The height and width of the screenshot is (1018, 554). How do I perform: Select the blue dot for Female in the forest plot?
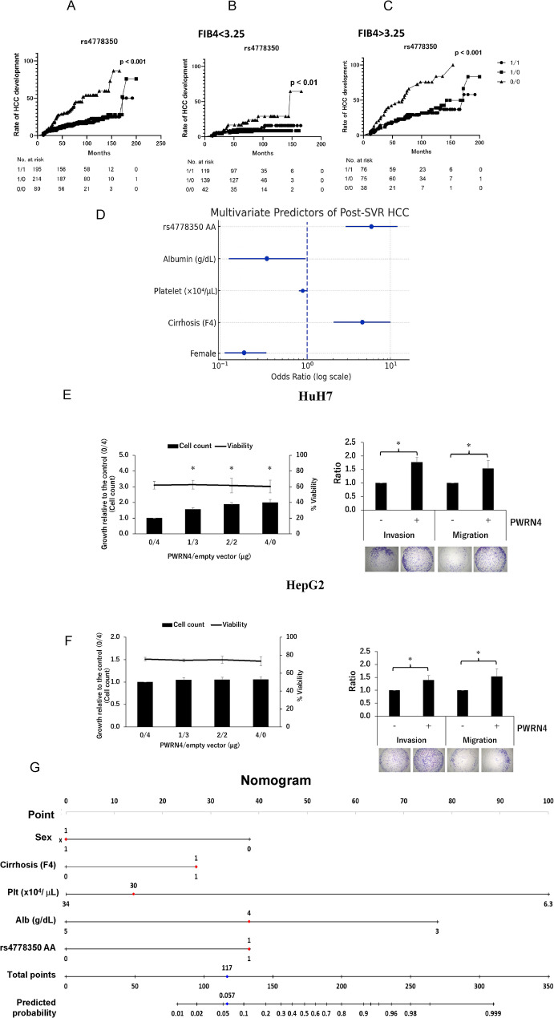click(x=244, y=352)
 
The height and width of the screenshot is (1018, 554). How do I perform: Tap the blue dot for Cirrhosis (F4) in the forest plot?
click(x=362, y=321)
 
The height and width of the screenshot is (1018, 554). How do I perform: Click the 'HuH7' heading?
click(x=277, y=394)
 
